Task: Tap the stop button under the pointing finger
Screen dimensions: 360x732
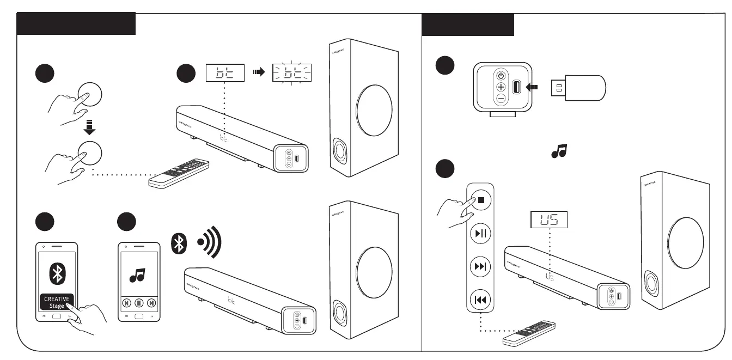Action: (x=481, y=200)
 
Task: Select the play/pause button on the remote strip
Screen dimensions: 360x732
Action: (x=481, y=234)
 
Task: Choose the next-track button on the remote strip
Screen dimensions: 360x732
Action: (x=481, y=267)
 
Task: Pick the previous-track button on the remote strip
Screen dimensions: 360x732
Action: (x=481, y=300)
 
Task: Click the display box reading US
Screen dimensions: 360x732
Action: (x=550, y=219)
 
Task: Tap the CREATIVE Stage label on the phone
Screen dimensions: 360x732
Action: (x=56, y=302)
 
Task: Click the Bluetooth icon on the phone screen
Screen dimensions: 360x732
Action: (x=57, y=273)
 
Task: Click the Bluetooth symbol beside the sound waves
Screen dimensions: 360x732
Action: (x=179, y=243)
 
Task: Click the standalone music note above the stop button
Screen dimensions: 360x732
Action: (x=559, y=151)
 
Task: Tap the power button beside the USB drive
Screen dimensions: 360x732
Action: (x=501, y=75)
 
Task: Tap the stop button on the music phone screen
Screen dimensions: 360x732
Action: (x=139, y=302)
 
